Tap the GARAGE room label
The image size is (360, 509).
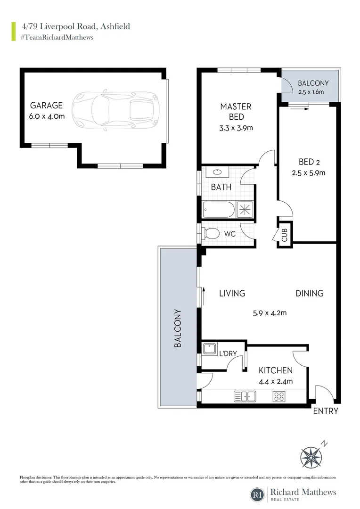pos(46,106)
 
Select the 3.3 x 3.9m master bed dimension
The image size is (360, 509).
pos(236,128)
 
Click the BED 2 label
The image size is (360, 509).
pos(308,161)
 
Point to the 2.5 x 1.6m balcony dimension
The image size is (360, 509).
pos(311,92)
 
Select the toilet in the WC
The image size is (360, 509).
pos(212,233)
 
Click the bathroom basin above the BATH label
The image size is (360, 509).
pos(218,172)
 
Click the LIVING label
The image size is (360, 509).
pos(232,293)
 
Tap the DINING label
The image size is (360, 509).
pos(310,293)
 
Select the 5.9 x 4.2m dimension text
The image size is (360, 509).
pos(268,312)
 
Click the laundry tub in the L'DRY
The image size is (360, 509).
pos(209,349)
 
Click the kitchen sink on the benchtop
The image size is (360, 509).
pos(245,397)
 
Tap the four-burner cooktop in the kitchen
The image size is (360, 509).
pos(278,397)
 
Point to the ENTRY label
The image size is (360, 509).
pos(326,411)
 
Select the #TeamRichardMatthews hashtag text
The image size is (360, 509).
pos(57,37)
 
